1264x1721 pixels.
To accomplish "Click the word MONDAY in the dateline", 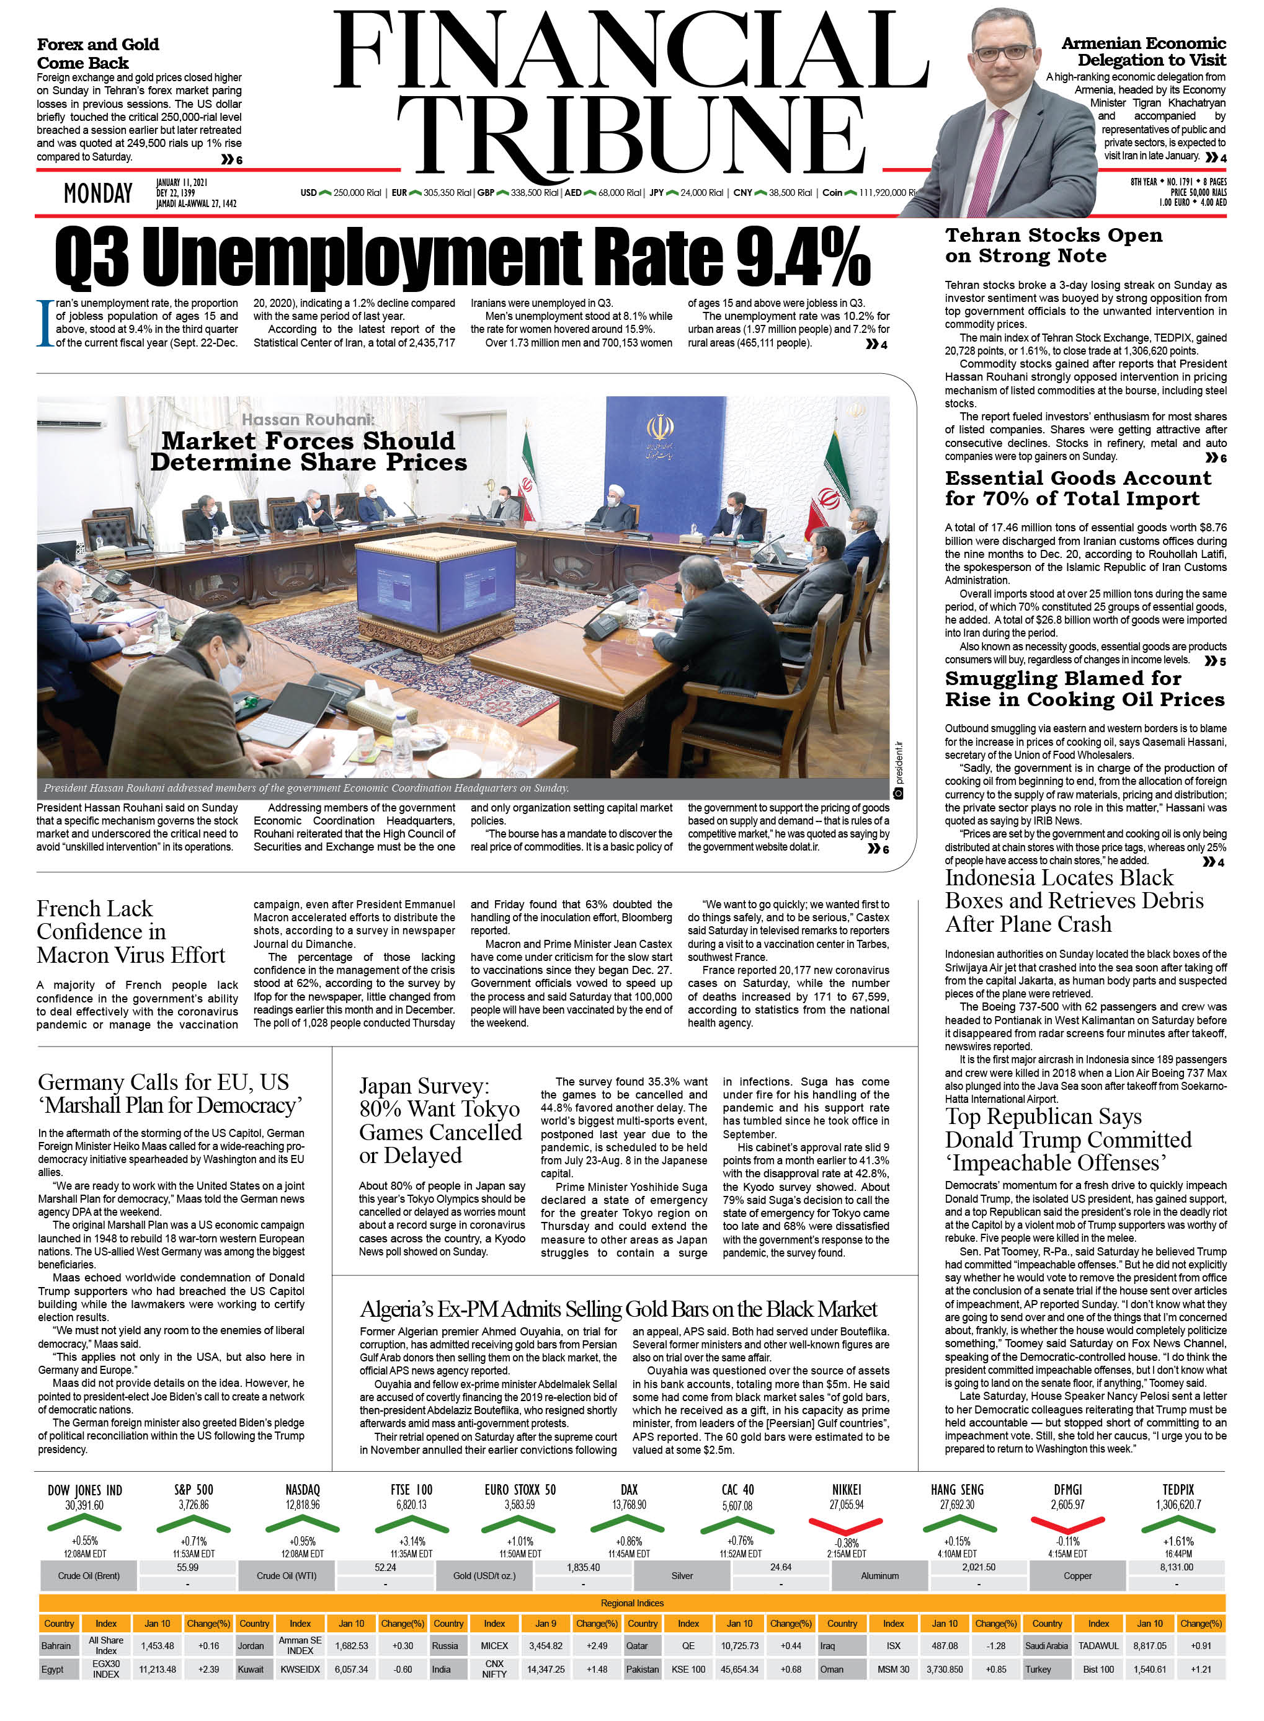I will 98,193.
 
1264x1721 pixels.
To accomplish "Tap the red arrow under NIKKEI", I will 845,1525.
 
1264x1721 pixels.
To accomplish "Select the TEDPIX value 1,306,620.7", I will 1178,1505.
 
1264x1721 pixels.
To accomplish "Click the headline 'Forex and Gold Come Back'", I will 98,53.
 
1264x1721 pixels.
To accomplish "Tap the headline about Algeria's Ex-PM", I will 618,1309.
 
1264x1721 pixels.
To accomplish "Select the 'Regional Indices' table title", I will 632,1603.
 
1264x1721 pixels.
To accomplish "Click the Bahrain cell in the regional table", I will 56,1645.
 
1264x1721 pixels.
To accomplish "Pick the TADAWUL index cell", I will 1098,1645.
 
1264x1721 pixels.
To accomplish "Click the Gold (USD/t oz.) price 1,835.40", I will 583,1567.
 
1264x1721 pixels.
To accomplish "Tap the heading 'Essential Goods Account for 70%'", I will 1078,488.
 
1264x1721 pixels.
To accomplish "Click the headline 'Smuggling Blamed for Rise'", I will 1084,688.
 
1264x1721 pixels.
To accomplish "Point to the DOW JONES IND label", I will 84,1490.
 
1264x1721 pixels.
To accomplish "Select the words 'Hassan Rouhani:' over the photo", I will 308,419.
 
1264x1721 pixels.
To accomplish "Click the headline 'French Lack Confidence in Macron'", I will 131,932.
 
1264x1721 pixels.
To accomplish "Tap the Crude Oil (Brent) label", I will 89,1576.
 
